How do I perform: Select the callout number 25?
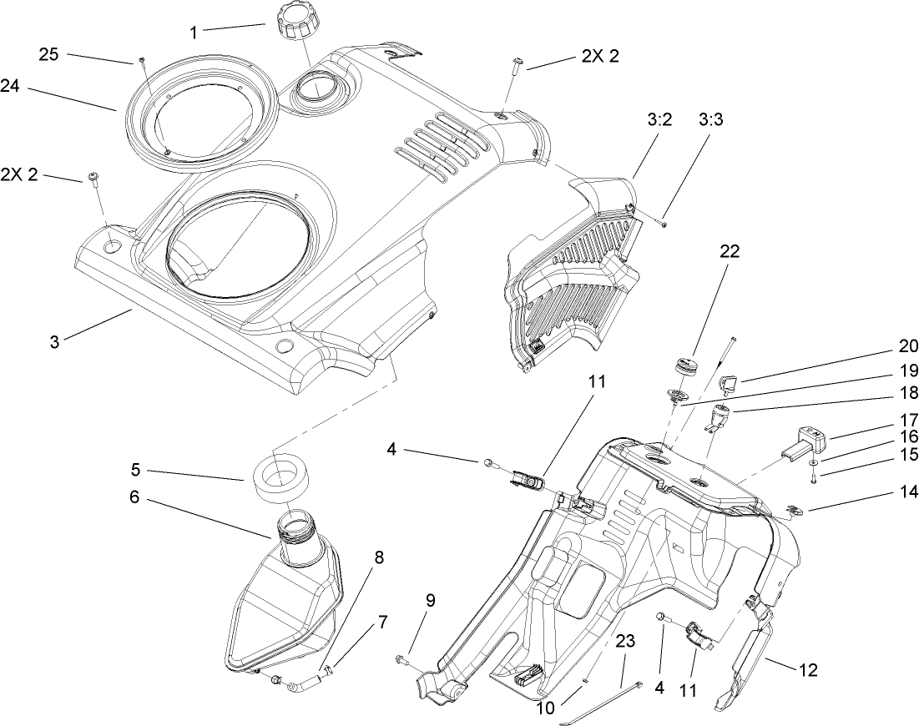click(48, 55)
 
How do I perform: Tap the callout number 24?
click(10, 87)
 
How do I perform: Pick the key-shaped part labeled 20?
click(729, 383)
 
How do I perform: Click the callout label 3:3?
click(711, 120)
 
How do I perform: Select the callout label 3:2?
click(659, 120)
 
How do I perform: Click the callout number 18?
click(907, 391)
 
